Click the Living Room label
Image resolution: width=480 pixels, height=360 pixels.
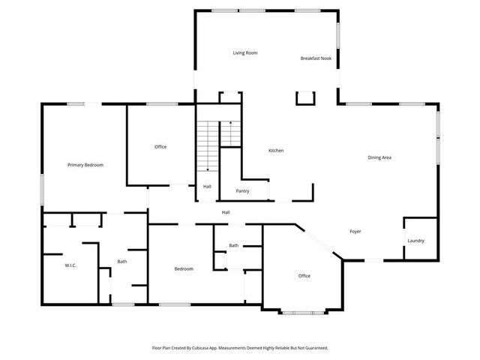tap(245, 53)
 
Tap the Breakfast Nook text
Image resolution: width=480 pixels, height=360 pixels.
tap(315, 58)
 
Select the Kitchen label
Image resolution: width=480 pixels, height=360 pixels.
tap(276, 151)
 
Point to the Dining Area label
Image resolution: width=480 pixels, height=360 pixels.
tap(379, 157)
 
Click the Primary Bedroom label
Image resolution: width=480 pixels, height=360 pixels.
tap(85, 165)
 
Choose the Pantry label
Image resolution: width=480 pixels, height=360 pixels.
tap(242, 191)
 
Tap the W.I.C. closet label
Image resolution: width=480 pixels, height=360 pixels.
tap(71, 265)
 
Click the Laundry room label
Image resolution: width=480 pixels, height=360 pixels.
tap(415, 241)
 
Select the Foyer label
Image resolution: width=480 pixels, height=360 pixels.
tap(355, 231)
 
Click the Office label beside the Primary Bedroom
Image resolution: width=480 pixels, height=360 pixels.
tap(160, 146)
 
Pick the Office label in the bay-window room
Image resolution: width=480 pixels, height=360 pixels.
tap(304, 276)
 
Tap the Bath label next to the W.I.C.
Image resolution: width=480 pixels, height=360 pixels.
tap(121, 262)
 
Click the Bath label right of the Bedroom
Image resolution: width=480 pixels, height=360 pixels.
tap(234, 245)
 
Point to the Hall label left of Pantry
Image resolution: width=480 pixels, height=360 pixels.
tap(207, 187)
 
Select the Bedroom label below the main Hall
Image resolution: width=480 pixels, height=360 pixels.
tap(184, 268)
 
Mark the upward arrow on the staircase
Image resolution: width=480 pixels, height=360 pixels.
tap(230, 122)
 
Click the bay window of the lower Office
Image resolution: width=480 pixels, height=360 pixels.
tap(304, 311)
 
